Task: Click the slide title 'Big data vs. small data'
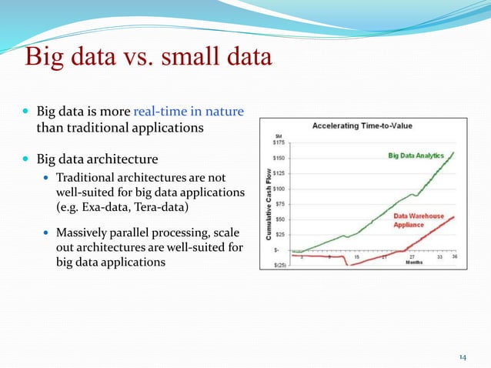(148, 58)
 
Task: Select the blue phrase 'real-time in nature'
(189, 112)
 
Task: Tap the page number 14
(463, 356)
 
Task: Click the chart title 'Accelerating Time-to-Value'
(362, 126)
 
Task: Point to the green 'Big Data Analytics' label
(416, 156)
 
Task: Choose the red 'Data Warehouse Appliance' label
(419, 222)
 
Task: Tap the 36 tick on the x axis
(454, 257)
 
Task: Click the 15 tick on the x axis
(356, 257)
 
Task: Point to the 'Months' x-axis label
(413, 263)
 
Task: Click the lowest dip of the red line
(348, 266)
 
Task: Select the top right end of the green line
(454, 152)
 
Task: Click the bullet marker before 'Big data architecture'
(27, 160)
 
